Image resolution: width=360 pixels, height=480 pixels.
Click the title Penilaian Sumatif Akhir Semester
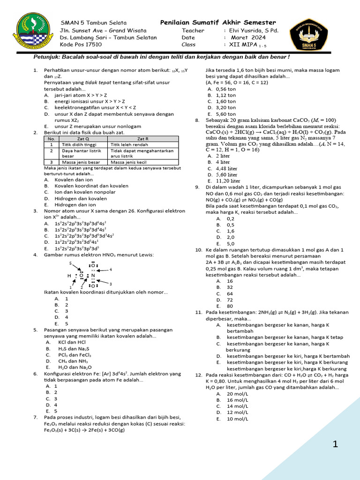coord(218,23)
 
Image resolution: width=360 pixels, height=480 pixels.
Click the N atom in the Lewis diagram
coord(93,276)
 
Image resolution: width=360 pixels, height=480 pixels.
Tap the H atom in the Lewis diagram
coord(69,276)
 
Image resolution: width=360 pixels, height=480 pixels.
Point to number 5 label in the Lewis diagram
coord(70,263)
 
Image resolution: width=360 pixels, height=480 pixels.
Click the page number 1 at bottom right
coord(335,444)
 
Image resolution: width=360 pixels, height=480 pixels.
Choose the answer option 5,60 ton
coord(226,113)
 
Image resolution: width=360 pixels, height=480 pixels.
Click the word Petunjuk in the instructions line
coord(47,57)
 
